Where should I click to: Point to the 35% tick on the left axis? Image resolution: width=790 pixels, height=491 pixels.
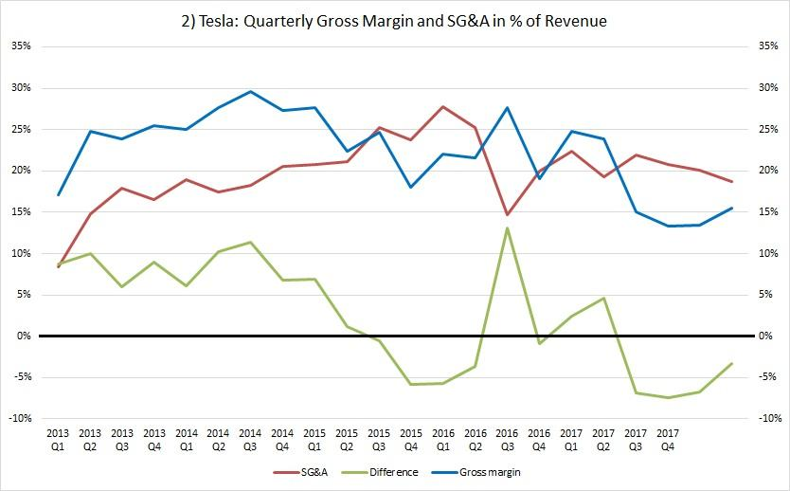pos(21,45)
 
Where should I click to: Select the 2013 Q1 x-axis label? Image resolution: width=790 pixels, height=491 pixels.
pos(59,437)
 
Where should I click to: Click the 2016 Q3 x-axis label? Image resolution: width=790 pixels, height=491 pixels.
pos(507,437)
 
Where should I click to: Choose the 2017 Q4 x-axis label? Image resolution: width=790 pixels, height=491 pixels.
pos(667,437)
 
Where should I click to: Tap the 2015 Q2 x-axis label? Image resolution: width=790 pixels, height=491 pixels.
pos(347,437)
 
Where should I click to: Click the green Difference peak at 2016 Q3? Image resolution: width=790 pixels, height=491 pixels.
pos(507,227)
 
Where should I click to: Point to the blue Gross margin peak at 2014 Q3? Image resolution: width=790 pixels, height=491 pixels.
pos(250,92)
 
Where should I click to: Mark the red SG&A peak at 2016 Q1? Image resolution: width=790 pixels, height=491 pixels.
pos(442,106)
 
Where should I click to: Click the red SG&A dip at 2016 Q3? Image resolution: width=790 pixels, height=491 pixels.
pos(507,214)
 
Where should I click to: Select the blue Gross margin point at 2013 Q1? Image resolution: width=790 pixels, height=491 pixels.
pos(59,195)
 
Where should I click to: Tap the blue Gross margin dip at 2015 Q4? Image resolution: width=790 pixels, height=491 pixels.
pos(410,187)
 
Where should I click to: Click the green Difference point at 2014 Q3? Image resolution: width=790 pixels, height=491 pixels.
pos(250,243)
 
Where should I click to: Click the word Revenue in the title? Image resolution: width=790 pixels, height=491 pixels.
pos(572,21)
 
